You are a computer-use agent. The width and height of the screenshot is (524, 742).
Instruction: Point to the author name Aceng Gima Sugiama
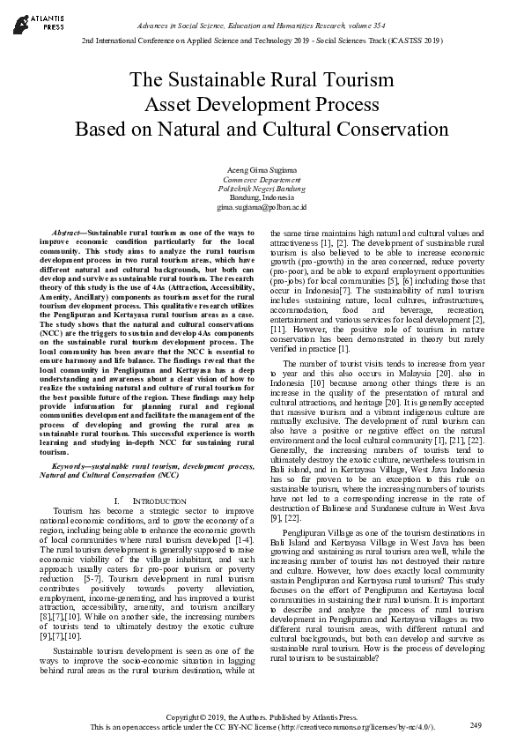click(262, 168)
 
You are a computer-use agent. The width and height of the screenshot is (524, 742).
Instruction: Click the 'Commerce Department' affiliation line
click(262, 178)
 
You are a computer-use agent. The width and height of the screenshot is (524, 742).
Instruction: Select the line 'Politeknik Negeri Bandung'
click(262, 188)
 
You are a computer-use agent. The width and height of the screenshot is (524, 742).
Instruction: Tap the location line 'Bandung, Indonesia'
click(262, 197)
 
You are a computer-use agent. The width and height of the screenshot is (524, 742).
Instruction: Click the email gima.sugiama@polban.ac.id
click(262, 207)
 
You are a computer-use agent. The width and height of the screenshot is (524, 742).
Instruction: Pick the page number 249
click(476, 724)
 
